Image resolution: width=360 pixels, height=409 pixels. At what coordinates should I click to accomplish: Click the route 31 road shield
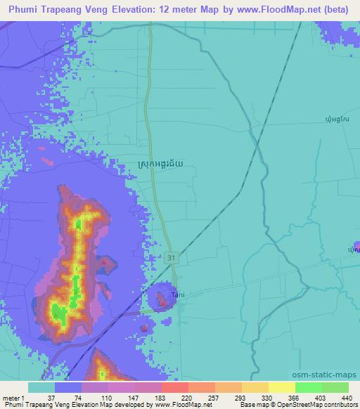tap(172, 258)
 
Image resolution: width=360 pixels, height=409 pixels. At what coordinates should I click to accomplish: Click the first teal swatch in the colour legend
tap(41, 387)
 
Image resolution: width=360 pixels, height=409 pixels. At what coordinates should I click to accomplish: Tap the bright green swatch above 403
tap(308, 387)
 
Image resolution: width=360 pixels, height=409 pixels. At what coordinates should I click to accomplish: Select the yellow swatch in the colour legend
tap(281, 387)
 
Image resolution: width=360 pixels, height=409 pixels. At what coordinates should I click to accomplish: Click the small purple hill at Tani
tap(161, 301)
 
